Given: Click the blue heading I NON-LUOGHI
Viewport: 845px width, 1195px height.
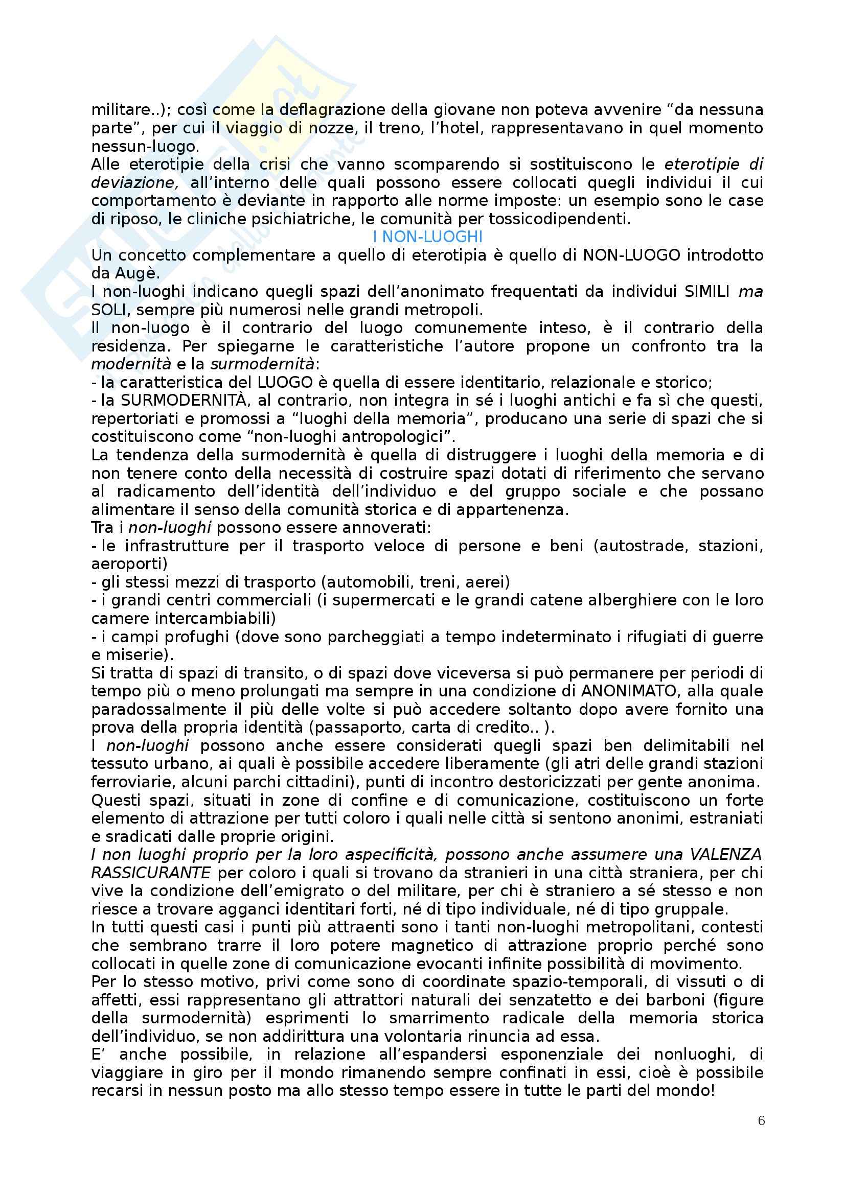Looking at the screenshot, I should [427, 238].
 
